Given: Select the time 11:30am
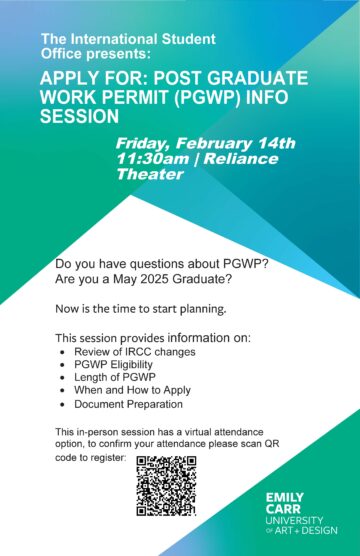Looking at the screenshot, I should [151, 158].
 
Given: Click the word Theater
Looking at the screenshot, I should [151, 174].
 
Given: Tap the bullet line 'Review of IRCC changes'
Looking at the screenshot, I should [134, 352].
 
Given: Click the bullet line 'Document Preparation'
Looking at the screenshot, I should [128, 405].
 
